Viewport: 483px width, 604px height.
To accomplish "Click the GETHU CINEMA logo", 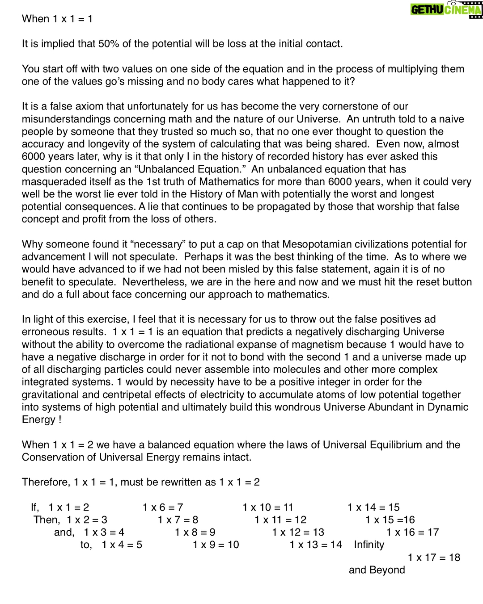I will (446, 10).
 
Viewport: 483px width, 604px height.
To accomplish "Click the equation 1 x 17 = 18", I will (434, 557).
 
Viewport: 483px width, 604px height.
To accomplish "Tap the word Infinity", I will (369, 545).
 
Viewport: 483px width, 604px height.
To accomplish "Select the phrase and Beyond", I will (377, 570).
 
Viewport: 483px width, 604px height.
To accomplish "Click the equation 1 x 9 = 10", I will (216, 545).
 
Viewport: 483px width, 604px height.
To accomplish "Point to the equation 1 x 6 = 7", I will (163, 507).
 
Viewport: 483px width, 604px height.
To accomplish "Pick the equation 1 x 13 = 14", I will (316, 545).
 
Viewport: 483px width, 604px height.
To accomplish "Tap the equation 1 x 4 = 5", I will (122, 545).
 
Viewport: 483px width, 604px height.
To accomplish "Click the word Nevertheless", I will (154, 282).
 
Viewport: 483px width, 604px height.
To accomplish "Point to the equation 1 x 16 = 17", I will (412, 532).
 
